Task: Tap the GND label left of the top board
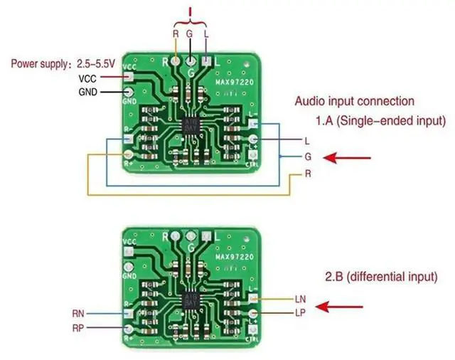point(87,92)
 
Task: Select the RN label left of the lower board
point(78,312)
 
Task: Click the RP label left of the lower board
point(78,328)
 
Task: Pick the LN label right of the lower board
point(299,299)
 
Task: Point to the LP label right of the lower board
point(299,312)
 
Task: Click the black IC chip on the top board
point(191,125)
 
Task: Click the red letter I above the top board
point(189,12)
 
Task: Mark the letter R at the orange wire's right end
point(307,174)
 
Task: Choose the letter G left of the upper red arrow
point(307,157)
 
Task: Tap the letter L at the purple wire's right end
point(307,140)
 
